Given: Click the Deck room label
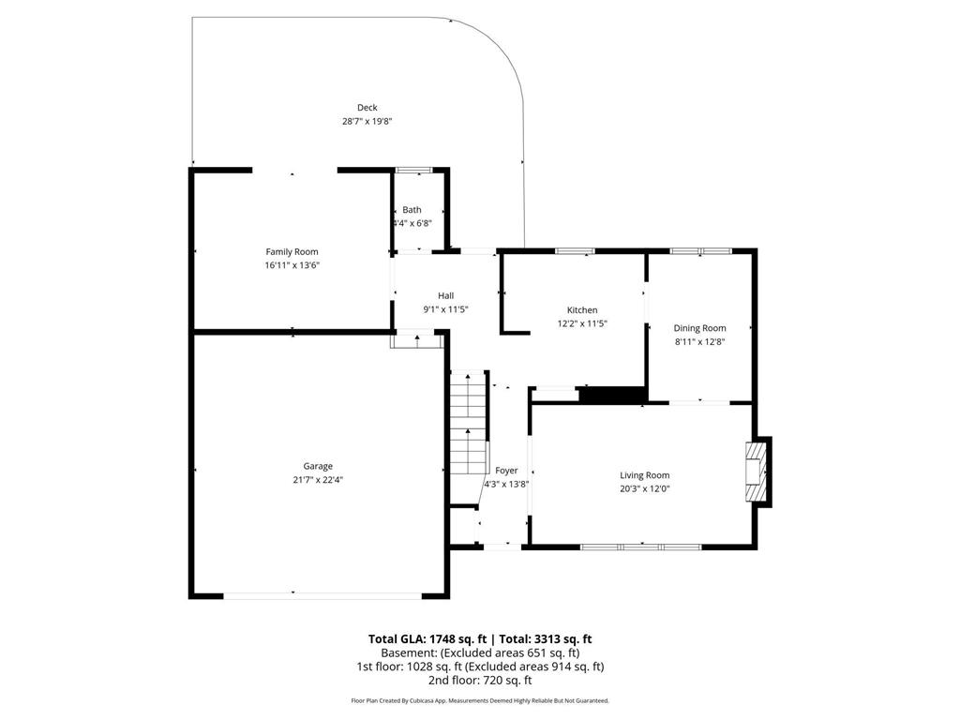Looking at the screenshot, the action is point(367,108).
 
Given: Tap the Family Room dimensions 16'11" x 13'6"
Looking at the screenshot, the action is point(292,265).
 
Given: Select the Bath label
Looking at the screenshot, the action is point(412,209).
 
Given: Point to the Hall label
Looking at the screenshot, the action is point(445,295).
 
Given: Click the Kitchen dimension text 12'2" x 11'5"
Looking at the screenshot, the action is point(582,323).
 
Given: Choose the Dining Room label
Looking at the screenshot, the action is point(699,328).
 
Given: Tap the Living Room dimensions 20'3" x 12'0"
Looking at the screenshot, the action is point(645,488).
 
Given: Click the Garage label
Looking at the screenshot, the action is point(318,467).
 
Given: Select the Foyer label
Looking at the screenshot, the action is point(506,471).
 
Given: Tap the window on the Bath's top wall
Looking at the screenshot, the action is point(414,171).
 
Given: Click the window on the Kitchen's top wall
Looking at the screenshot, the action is point(575,251).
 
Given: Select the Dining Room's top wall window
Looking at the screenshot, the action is point(700,251).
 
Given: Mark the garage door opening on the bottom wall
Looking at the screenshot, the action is point(322,595).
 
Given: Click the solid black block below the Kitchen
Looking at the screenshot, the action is point(612,395).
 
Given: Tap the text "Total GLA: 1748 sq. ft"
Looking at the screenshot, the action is point(427,639).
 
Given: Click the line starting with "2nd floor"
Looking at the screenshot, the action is point(480,681).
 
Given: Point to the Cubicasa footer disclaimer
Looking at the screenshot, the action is point(480,700).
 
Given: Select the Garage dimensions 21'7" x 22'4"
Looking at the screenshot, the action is point(318,480).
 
